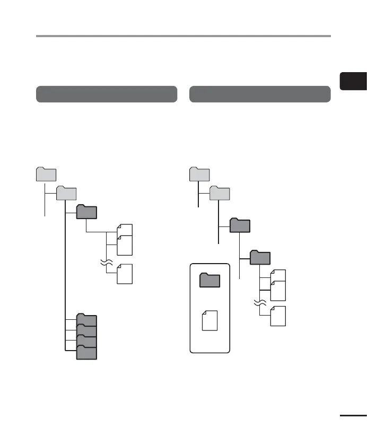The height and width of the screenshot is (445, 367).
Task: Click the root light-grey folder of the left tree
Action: [x=46, y=175]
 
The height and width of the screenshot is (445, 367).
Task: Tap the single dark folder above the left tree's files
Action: [x=86, y=212]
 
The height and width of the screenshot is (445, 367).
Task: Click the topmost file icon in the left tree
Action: [x=125, y=231]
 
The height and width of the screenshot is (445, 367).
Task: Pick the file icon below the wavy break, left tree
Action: [x=125, y=274]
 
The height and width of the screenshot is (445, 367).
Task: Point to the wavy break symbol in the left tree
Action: [x=107, y=262]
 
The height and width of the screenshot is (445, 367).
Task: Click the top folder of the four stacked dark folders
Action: [x=86, y=320]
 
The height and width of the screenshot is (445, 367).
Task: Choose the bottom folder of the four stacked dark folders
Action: [x=86, y=353]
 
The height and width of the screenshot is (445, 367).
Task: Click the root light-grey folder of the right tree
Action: [x=200, y=175]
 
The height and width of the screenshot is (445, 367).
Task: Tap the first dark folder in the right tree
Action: [x=240, y=225]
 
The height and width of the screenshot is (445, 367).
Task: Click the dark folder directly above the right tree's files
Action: [x=260, y=258]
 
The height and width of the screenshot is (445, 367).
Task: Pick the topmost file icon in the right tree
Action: [x=278, y=276]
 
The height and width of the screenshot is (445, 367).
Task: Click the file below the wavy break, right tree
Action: [x=278, y=316]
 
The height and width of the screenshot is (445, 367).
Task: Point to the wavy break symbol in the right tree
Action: [x=260, y=304]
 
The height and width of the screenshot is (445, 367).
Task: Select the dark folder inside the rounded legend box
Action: [x=209, y=280]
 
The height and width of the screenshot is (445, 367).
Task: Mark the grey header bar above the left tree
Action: [x=106, y=94]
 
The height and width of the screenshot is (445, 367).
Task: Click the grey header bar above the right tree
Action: [x=260, y=94]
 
